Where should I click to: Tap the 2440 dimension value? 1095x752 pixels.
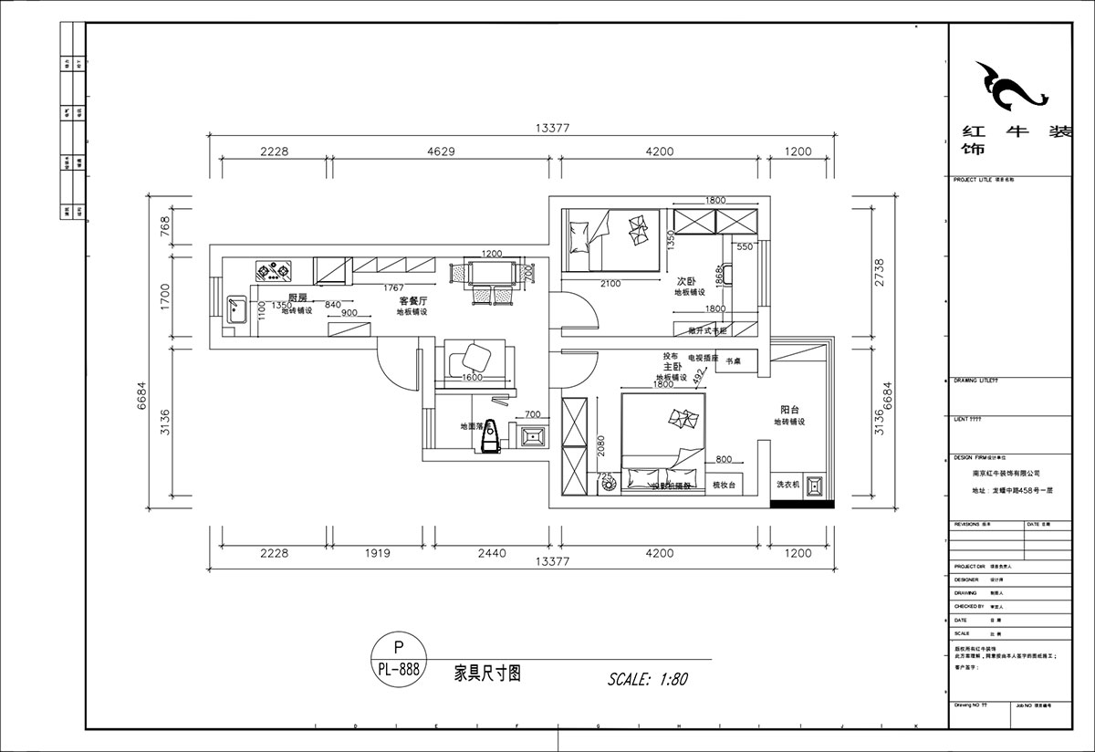click(490, 552)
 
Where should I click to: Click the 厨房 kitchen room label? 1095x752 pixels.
click(297, 298)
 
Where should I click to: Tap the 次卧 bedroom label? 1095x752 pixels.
click(686, 281)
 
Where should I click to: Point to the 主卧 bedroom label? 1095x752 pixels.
click(673, 365)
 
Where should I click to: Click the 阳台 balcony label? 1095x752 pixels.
click(790, 410)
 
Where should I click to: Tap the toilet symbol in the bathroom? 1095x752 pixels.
click(492, 435)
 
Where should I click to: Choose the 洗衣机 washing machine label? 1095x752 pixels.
click(787, 485)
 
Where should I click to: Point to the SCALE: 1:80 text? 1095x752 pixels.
click(647, 679)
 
